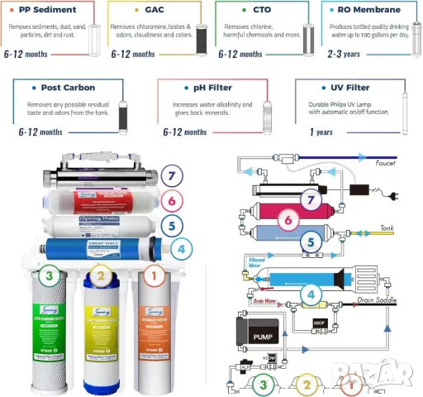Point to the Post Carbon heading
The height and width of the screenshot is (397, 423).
(x=68, y=87)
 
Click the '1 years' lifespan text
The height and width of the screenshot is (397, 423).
(x=321, y=132)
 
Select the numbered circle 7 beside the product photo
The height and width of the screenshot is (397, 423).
(x=171, y=175)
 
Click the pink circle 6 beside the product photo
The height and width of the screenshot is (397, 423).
(x=171, y=199)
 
